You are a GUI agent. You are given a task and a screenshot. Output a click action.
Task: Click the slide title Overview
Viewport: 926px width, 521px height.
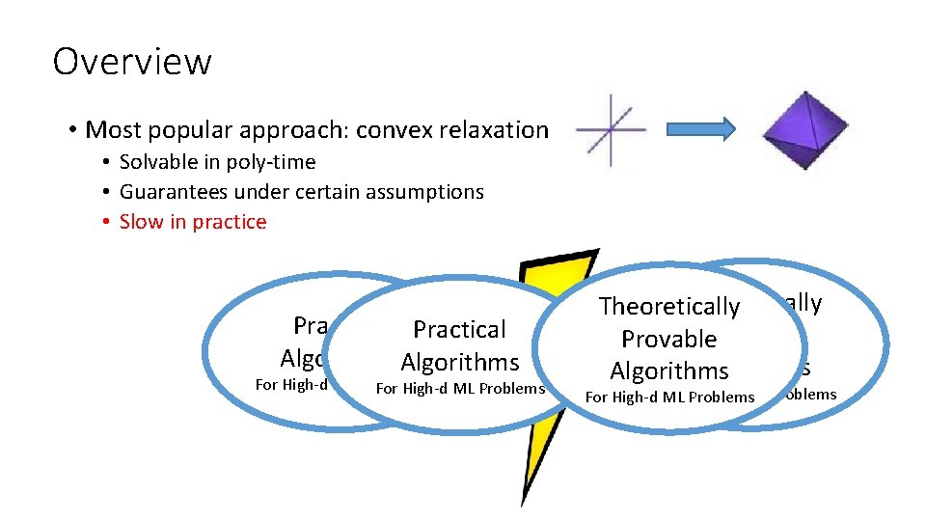[132, 62]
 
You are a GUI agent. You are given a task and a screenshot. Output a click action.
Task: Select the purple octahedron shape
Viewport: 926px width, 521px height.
[793, 129]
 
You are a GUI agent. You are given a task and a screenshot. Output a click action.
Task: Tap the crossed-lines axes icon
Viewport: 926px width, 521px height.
[611, 129]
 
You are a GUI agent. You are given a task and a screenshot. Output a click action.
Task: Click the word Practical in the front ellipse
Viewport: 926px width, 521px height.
[459, 330]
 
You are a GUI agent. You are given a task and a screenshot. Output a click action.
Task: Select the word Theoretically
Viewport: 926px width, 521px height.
[669, 307]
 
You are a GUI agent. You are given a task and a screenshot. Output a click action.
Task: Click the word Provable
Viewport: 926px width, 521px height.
[669, 340]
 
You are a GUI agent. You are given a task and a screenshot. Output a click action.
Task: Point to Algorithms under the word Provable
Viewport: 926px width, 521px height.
[669, 371]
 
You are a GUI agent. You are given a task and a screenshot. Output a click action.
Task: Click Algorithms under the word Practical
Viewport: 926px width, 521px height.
[459, 363]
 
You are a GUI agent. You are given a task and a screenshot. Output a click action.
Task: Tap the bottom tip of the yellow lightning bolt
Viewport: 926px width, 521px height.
[523, 503]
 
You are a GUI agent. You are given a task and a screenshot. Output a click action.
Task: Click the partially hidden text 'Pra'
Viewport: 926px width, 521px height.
[312, 325]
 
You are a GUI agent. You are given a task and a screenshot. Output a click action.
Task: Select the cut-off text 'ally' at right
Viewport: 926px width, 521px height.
[802, 303]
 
